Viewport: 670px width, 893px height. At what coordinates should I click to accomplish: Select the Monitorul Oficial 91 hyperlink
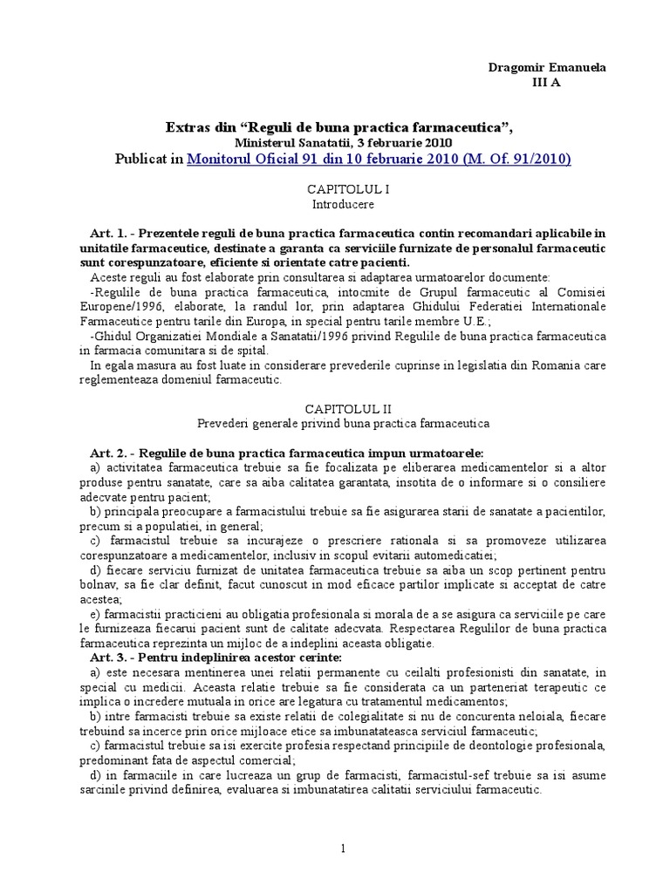pos(379,159)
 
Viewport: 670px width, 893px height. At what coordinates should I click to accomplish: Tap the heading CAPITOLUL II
pos(341,408)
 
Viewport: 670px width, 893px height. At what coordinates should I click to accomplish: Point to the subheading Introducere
pos(343,204)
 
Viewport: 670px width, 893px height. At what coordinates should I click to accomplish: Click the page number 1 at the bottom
pos(344,848)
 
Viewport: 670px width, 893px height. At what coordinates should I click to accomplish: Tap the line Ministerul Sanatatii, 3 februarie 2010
pos(343,142)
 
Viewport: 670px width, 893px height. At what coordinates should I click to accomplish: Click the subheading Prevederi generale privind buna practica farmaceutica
pos(343,423)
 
